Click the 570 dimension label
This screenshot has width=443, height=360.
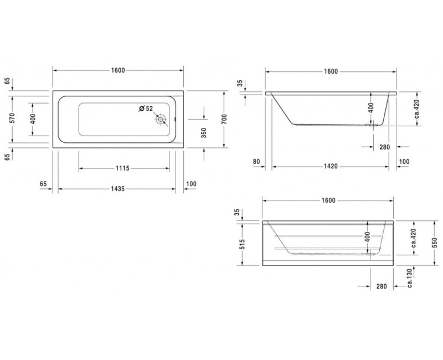13,118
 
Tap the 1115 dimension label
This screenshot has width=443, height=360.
123,168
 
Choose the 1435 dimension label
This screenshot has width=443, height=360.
117,188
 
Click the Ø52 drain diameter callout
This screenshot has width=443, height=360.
146,108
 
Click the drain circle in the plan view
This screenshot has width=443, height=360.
161,119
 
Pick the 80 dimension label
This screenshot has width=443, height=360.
256,162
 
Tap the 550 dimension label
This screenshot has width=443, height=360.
434,242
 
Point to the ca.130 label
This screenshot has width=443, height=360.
409,279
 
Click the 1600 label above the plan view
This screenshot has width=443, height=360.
117,70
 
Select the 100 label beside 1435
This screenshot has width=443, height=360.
192,183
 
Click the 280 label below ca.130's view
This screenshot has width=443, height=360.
381,286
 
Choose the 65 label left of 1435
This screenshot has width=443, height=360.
43,183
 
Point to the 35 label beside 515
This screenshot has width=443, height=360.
237,212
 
